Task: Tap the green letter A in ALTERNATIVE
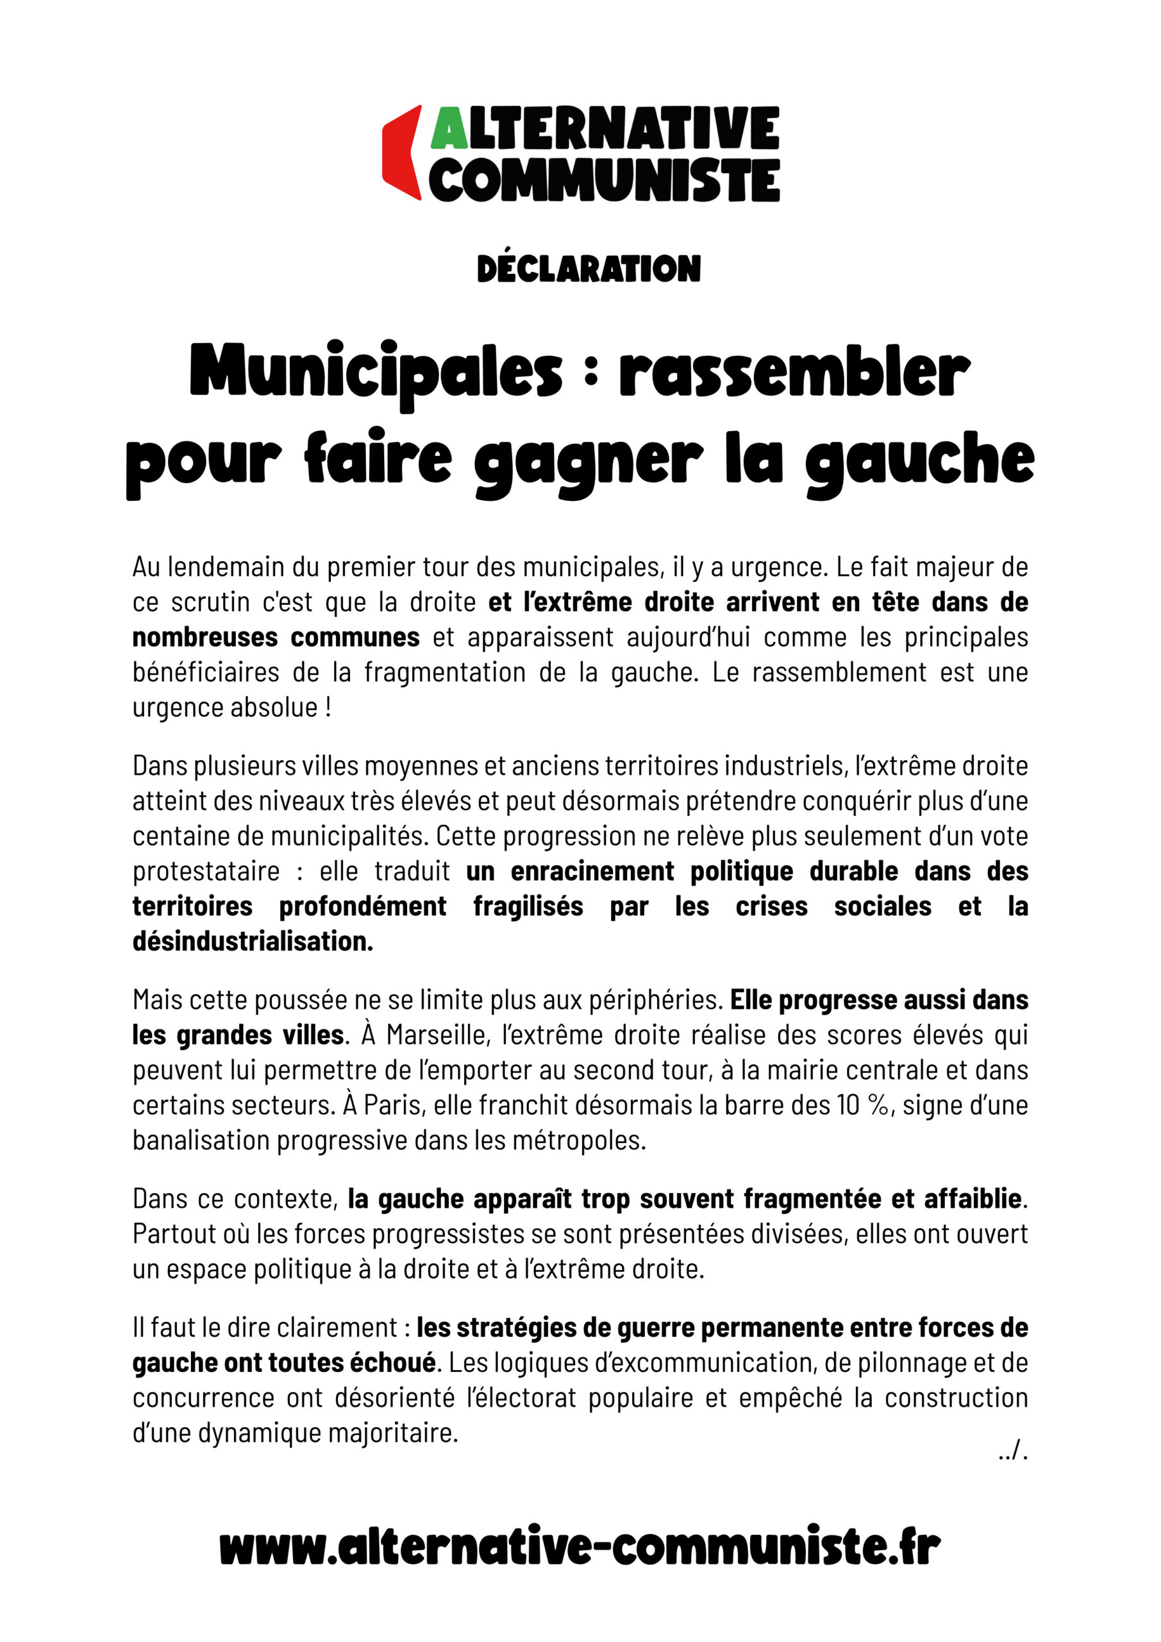point(449,129)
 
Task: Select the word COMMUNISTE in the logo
point(604,180)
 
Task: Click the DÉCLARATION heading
point(589,268)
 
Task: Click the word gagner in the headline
point(588,461)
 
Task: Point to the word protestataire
point(206,872)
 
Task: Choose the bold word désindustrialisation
point(253,941)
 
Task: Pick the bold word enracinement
point(592,872)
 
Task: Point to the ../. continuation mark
point(1013,1453)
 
